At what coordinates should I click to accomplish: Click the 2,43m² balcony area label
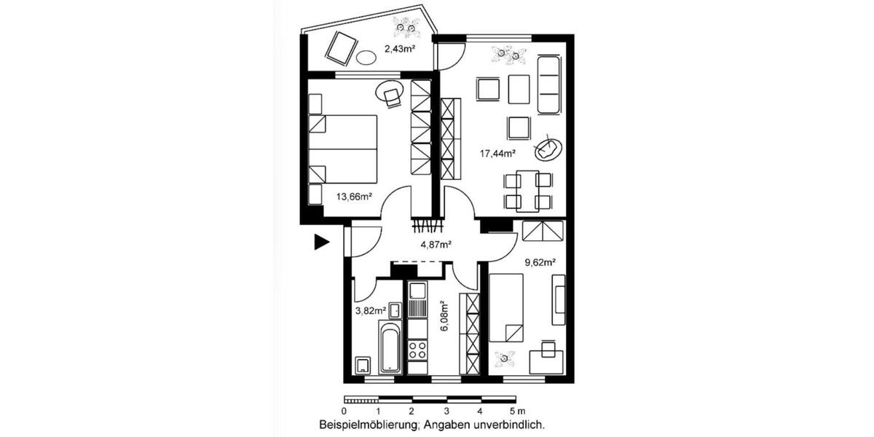pyautogui.click(x=399, y=50)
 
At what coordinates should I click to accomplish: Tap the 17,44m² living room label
pyautogui.click(x=497, y=153)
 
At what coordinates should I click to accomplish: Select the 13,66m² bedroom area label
pyautogui.click(x=355, y=196)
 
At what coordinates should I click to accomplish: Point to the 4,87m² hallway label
pyautogui.click(x=436, y=244)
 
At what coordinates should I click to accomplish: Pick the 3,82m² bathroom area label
pyautogui.click(x=370, y=310)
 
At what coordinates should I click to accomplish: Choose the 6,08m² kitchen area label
pyautogui.click(x=444, y=317)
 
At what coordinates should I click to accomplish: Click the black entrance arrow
pyautogui.click(x=321, y=243)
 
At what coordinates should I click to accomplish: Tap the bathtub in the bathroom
pyautogui.click(x=390, y=348)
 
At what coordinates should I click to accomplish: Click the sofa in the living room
pyautogui.click(x=548, y=84)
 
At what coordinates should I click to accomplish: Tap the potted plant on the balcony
pyautogui.click(x=406, y=28)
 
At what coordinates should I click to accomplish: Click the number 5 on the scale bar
pyautogui.click(x=513, y=411)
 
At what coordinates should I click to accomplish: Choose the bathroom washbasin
pyautogui.click(x=394, y=311)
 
